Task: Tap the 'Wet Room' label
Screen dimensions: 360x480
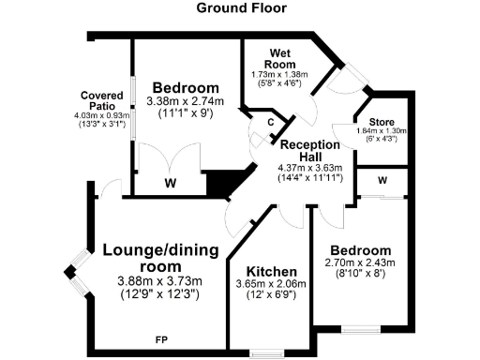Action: pyautogui.click(x=281, y=57)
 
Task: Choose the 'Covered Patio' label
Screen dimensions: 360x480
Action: pyautogui.click(x=103, y=101)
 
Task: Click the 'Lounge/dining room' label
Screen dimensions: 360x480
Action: pyautogui.click(x=160, y=260)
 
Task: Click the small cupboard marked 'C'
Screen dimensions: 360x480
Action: pyautogui.click(x=270, y=122)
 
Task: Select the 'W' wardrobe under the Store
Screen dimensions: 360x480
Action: pyautogui.click(x=382, y=180)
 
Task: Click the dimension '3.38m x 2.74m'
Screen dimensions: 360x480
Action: pyautogui.click(x=185, y=101)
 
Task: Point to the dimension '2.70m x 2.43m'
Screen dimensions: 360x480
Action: pyautogui.click(x=358, y=263)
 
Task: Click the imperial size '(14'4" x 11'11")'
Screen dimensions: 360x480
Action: pyautogui.click(x=309, y=177)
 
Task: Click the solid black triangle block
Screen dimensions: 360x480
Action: pyautogui.click(x=222, y=183)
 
